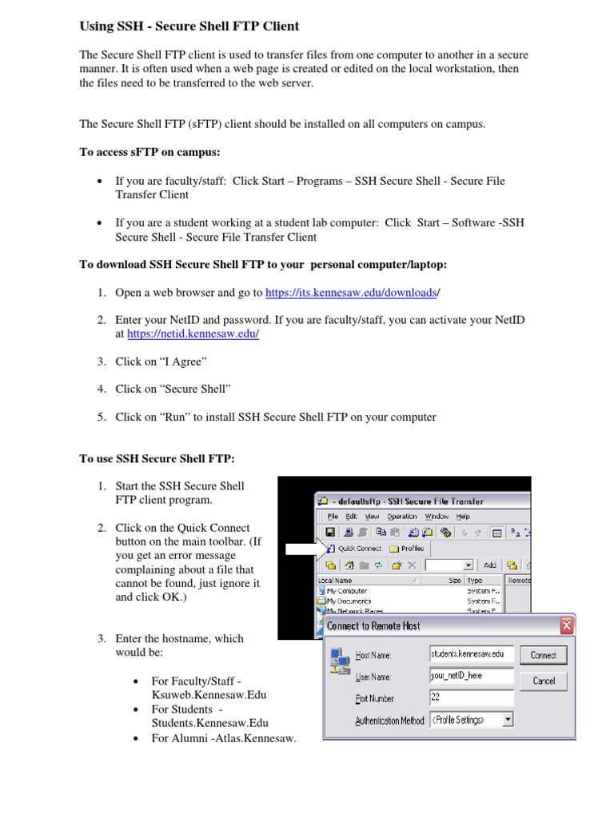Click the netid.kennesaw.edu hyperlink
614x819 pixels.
pos(193,334)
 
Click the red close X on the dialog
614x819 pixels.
pos(566,625)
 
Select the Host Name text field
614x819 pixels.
pos(471,655)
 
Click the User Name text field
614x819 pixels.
pos(471,676)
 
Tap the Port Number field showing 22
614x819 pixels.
pos(471,697)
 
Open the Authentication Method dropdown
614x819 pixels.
pos(508,720)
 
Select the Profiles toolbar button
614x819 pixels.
pos(407,549)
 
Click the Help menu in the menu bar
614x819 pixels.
pos(463,517)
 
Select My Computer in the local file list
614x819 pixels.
pos(347,590)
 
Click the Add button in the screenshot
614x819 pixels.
pos(489,565)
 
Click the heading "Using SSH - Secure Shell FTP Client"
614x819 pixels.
pos(189,26)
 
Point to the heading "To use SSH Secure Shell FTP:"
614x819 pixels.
pos(157,458)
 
